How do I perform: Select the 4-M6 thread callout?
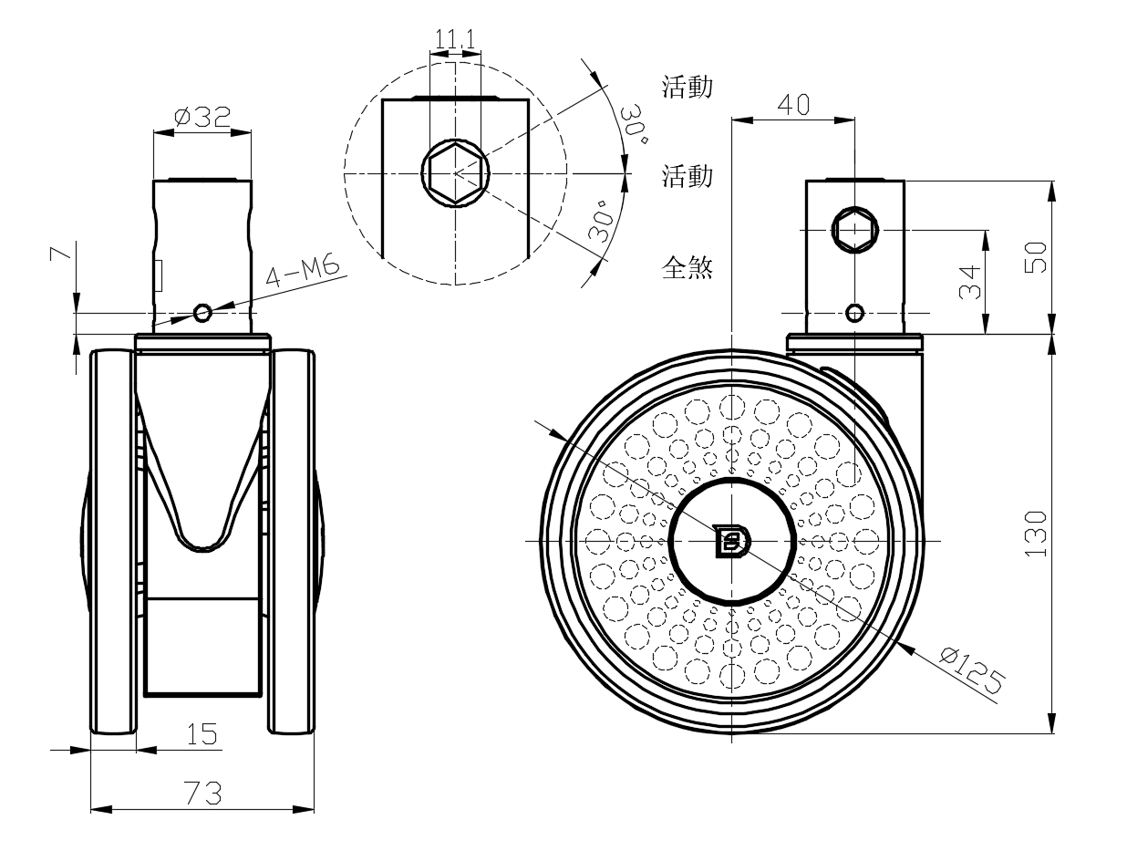pos(302,274)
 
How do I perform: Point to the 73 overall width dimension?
pos(202,794)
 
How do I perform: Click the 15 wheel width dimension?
pos(202,734)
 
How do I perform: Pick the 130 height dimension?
pos(1037,534)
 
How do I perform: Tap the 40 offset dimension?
pos(792,105)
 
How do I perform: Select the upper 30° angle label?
pos(635,125)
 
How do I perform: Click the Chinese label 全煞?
pos(687,267)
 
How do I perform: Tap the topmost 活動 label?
pos(687,87)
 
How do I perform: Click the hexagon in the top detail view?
pos(454,171)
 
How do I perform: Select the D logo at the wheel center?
pos(730,541)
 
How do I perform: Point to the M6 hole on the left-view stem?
pos(202,314)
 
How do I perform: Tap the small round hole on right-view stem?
pos(854,314)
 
